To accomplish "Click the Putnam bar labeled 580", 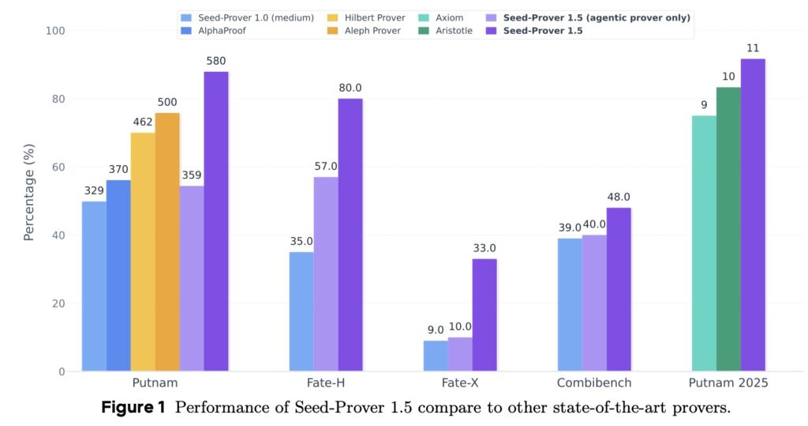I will (215, 221).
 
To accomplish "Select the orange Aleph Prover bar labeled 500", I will (167, 242).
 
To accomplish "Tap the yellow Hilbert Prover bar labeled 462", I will (143, 252).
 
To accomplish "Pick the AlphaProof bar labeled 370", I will (118, 276).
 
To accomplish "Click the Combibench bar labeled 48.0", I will (619, 289).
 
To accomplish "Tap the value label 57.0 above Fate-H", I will (326, 167).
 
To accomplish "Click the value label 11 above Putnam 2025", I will (753, 49).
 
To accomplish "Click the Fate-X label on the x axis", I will (460, 383).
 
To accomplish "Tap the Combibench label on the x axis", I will (594, 383).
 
